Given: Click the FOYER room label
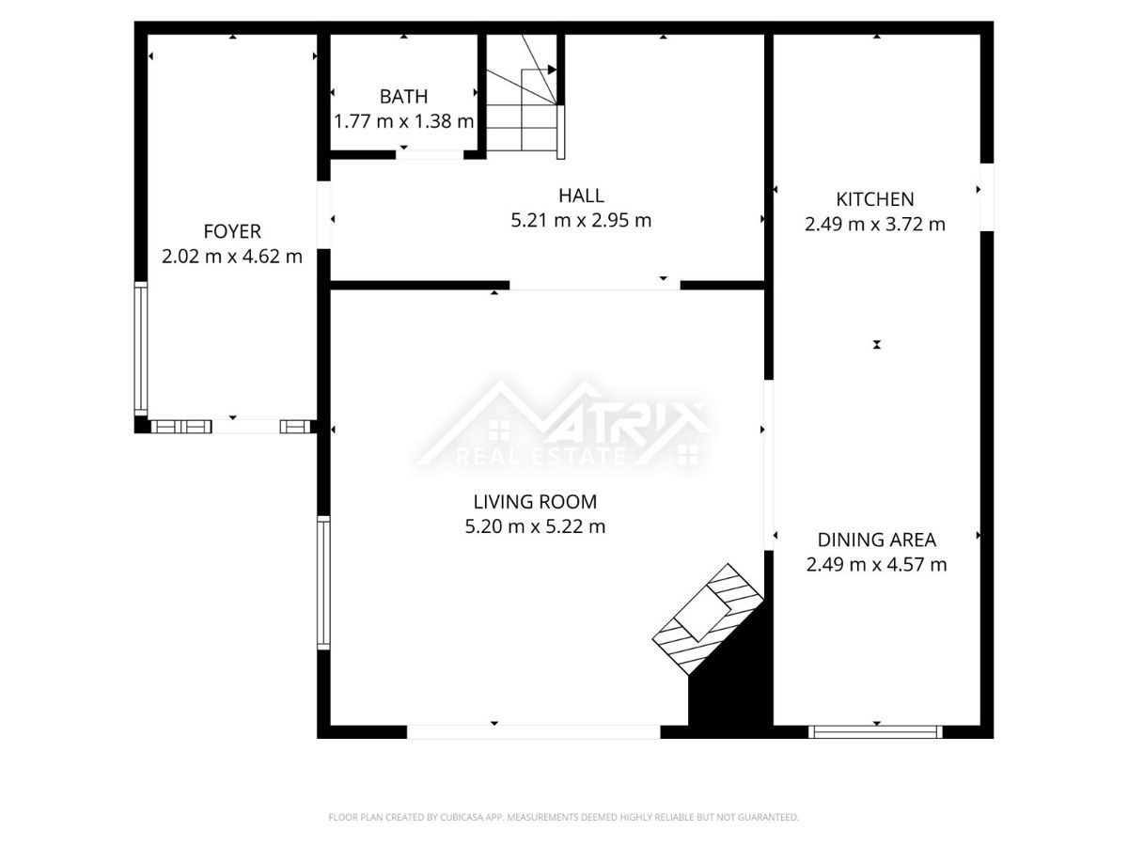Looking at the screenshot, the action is point(232,231).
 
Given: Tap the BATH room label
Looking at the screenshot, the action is point(403,97).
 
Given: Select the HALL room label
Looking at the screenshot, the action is point(581,196).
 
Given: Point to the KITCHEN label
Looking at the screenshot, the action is point(874,199).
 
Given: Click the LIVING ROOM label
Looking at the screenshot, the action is point(535,502).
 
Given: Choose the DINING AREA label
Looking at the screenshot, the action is point(877,540).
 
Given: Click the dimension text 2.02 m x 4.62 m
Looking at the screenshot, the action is point(232,257).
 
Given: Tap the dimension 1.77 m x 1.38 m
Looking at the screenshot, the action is point(404,121).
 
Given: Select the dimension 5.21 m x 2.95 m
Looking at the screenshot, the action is point(581,220).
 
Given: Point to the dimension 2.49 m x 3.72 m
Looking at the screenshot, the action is point(874,225).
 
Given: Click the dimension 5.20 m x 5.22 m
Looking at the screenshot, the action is point(535,526).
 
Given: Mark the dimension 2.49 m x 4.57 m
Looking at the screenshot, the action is point(876,565).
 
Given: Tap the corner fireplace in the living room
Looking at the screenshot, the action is point(707,619).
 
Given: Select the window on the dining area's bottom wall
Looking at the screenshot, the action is point(875,732).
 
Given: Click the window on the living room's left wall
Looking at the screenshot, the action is point(323,583).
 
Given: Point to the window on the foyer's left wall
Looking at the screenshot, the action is point(141,349).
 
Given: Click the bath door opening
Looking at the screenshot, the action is point(430,154).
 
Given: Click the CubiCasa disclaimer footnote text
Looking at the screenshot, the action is point(563,817).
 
